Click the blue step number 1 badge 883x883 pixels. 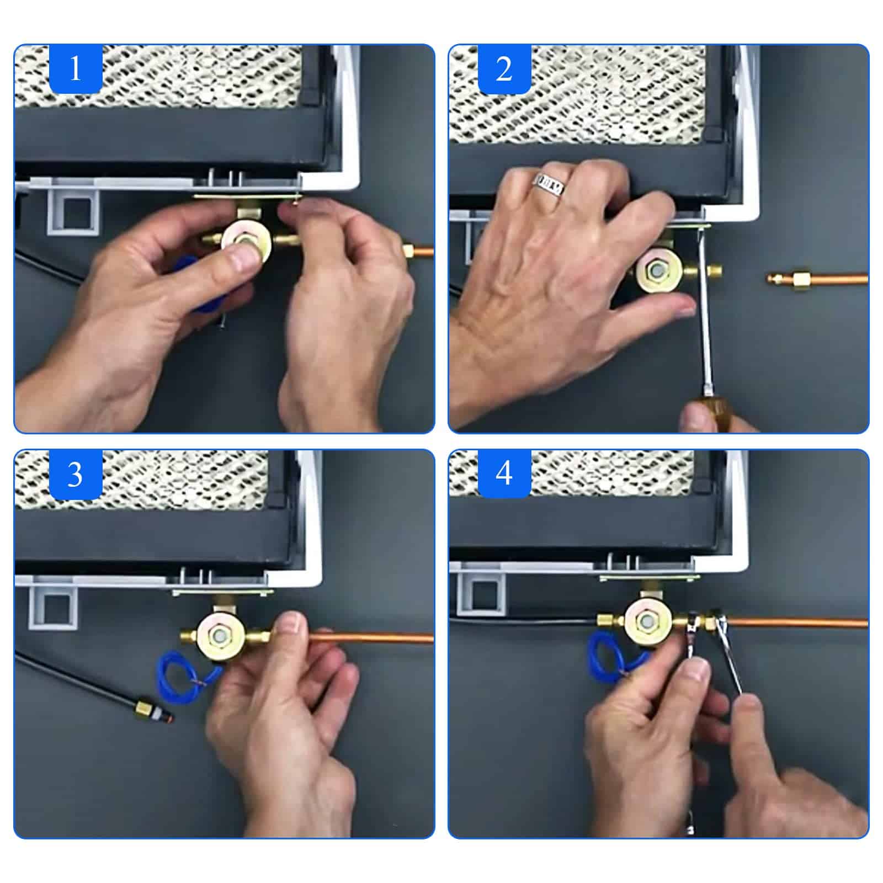pyautogui.click(x=76, y=69)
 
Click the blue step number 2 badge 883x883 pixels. pyautogui.click(x=504, y=69)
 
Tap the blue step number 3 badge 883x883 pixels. pyautogui.click(x=76, y=474)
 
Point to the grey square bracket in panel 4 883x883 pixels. pyautogui.click(x=481, y=593)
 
